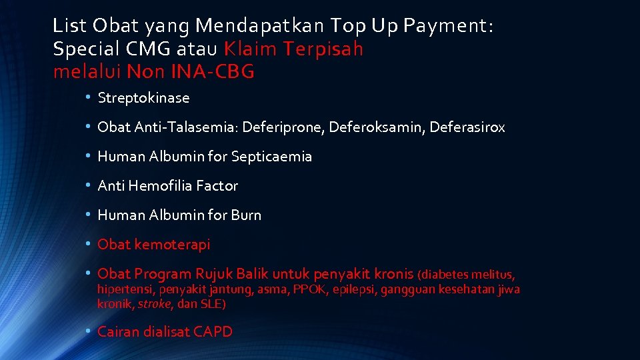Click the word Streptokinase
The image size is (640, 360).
143,98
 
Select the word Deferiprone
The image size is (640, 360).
291,127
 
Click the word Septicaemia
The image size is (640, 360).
271,157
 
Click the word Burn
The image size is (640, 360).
245,215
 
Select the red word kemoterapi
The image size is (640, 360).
172,245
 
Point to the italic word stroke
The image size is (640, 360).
157,304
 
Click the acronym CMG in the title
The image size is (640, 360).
139,49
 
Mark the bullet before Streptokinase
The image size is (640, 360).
87,98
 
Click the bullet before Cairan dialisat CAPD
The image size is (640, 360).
87,331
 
